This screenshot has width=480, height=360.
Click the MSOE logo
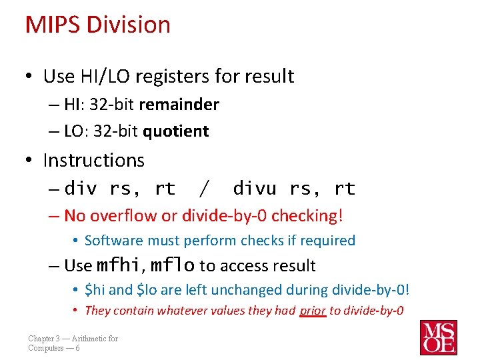[x=438, y=337]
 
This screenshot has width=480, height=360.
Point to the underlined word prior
[x=313, y=310]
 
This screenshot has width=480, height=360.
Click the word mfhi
[x=119, y=265]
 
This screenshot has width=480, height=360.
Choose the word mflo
[x=172, y=265]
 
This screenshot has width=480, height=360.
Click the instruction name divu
[x=254, y=189]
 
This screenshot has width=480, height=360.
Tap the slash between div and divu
[x=203, y=189]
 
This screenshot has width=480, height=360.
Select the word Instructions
[x=93, y=160]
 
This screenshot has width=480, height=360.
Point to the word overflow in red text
[x=123, y=215]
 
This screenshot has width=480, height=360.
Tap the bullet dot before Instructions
[x=30, y=161]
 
